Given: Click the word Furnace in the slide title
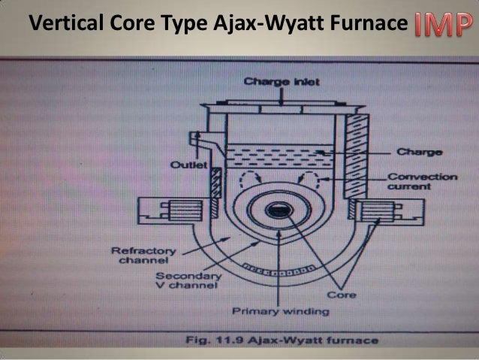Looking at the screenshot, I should (x=366, y=26).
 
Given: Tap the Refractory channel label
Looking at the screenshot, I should (x=143, y=256).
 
